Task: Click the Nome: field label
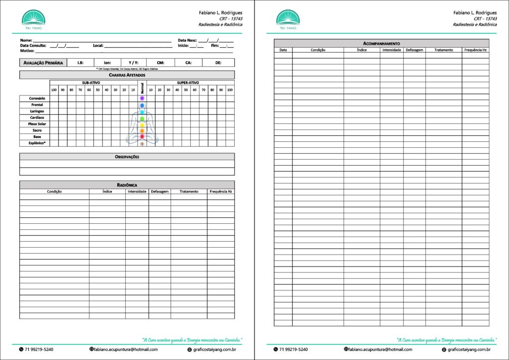click(26, 40)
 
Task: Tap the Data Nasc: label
click(187, 40)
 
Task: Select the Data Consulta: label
click(33, 45)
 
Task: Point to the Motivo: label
click(27, 51)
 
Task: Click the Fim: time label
click(215, 45)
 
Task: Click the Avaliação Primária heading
click(43, 63)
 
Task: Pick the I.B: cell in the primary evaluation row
click(81, 63)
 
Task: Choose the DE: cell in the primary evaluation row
click(218, 63)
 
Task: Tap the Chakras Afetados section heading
click(127, 75)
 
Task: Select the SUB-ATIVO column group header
click(92, 83)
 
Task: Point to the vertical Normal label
click(142, 88)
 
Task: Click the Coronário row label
click(37, 98)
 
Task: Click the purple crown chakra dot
click(142, 98)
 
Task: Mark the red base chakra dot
click(142, 136)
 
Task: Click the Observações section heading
click(127, 157)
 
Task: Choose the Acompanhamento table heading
click(381, 44)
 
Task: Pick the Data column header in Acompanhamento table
click(283, 50)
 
